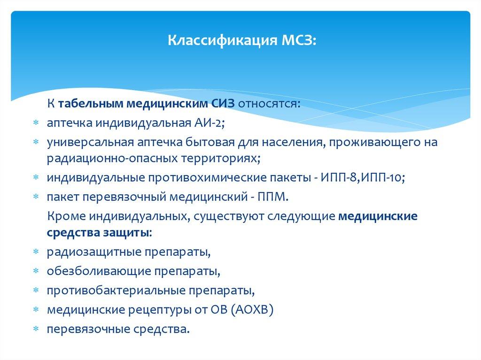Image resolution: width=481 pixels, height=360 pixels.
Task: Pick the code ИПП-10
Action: click(x=374, y=178)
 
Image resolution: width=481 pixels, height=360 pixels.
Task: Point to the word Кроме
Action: click(x=62, y=216)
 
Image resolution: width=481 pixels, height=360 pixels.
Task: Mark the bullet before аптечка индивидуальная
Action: click(x=36, y=123)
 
